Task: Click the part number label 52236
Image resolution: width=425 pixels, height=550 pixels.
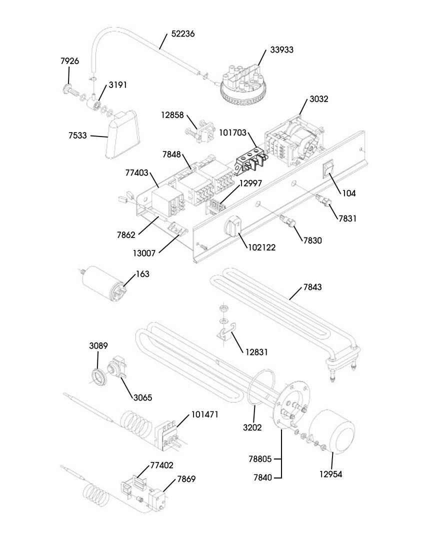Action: [x=182, y=34]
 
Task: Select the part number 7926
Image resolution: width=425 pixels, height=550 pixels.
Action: [x=70, y=61]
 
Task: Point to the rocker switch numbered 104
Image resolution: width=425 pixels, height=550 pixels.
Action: [x=328, y=170]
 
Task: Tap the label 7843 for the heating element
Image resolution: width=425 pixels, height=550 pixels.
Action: [x=312, y=287]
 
